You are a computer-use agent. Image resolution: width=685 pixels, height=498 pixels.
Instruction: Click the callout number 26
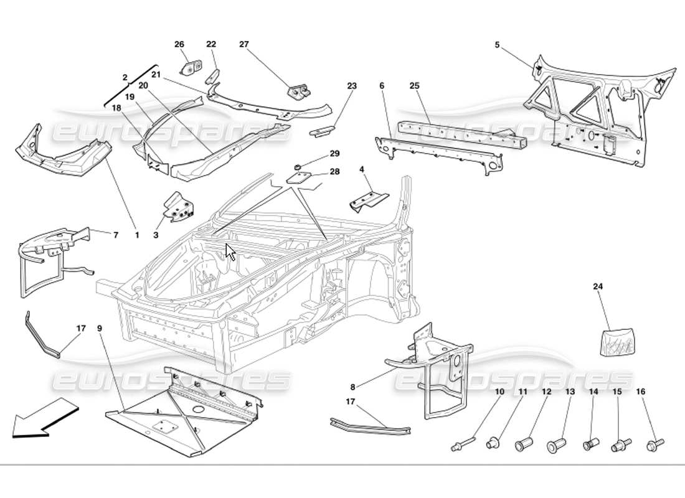179,44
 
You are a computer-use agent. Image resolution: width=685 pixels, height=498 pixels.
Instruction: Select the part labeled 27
300,91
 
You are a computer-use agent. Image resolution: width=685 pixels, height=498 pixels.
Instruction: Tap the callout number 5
497,45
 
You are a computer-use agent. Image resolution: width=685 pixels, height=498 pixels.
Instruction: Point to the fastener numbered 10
463,444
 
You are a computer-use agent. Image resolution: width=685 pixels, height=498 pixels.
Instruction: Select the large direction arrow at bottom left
44,417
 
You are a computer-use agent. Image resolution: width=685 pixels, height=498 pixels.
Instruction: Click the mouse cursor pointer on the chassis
230,252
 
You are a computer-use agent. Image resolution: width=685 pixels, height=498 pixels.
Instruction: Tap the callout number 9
100,327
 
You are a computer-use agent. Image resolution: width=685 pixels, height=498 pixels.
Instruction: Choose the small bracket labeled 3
178,209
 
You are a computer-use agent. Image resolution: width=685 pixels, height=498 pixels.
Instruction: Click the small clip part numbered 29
298,166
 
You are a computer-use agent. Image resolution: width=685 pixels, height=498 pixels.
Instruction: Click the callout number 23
352,86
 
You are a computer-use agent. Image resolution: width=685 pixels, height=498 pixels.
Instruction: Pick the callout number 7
115,235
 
